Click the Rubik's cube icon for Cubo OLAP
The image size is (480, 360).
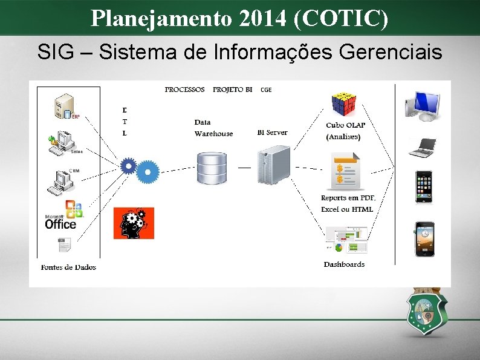coord(344,104)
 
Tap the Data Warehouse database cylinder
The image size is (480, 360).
coord(212,168)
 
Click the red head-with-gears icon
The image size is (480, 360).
coord(134,223)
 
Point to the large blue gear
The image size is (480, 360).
coord(148,172)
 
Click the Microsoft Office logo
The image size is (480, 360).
coord(62,215)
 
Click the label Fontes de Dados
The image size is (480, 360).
coord(68,267)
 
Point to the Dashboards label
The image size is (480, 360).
coord(344,264)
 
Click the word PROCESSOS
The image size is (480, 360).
coord(184,90)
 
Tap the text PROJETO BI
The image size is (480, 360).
coord(232,90)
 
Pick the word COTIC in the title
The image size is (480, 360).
coord(338,19)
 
